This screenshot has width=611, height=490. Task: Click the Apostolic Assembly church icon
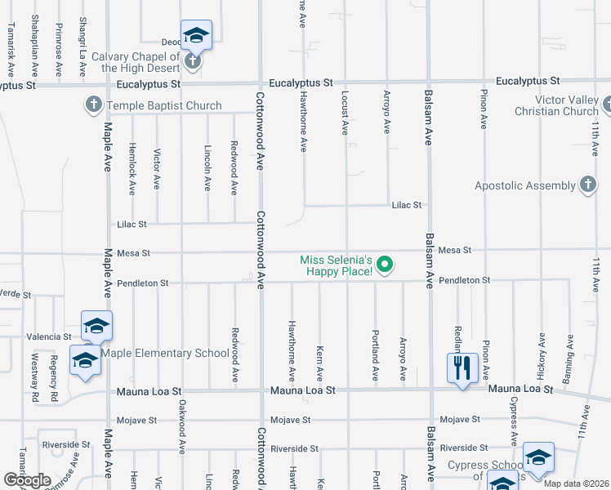[587, 185]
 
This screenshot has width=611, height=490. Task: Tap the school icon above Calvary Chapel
[196, 34]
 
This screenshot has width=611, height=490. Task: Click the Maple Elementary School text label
[165, 354]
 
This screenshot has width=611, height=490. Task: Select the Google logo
[27, 480]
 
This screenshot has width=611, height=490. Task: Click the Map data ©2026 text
[577, 483]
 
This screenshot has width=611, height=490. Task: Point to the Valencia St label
[49, 336]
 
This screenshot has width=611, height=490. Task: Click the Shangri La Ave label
[83, 37]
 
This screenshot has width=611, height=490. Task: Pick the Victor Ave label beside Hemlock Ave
[157, 169]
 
